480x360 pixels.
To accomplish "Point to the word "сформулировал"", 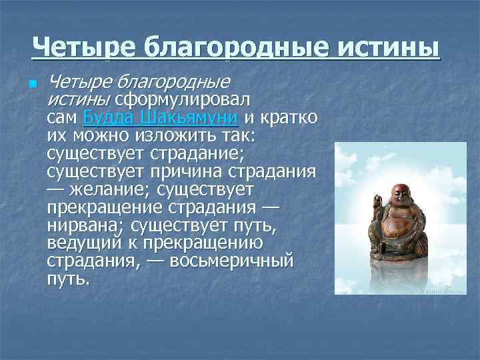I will point(181,100).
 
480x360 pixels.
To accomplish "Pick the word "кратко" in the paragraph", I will point(288,118).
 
